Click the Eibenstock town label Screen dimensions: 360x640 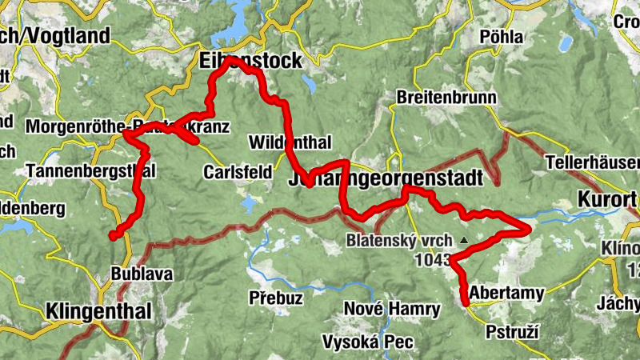[251, 61]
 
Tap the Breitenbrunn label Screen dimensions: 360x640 [446, 98]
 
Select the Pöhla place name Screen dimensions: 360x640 [502, 37]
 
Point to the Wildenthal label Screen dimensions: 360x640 [290, 143]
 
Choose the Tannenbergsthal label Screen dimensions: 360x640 [90, 170]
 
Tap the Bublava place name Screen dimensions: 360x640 [142, 274]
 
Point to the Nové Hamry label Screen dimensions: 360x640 [392, 310]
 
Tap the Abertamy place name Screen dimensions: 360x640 [507, 293]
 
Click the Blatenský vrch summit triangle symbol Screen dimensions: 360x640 [463, 239]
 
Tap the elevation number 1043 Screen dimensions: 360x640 [432, 260]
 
